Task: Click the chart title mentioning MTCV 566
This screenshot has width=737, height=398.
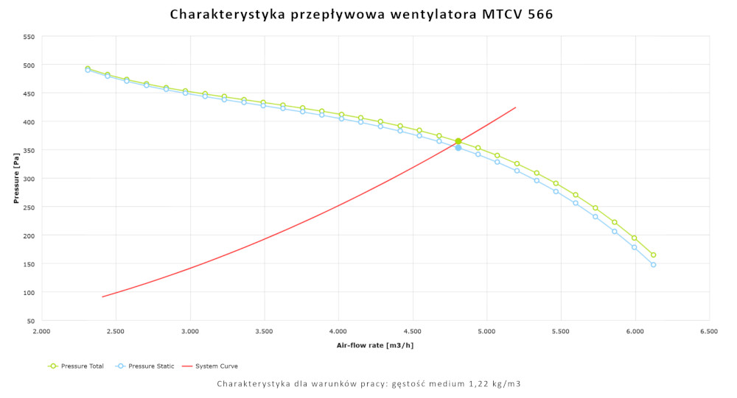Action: click(x=361, y=14)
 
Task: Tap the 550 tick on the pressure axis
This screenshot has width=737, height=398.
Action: click(x=28, y=36)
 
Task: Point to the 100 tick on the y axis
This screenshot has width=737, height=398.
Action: click(x=28, y=292)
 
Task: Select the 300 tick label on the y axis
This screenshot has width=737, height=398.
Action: click(x=28, y=178)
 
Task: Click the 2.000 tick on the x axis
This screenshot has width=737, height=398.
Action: click(x=42, y=332)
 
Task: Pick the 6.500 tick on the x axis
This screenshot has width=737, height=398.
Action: click(x=709, y=332)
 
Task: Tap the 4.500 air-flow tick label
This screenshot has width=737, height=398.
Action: click(x=413, y=332)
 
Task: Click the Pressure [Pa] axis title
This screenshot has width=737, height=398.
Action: click(x=15, y=179)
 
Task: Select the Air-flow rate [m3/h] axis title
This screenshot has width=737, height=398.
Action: click(x=376, y=345)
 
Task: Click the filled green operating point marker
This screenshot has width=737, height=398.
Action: click(x=458, y=141)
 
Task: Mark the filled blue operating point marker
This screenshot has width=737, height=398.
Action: click(x=458, y=148)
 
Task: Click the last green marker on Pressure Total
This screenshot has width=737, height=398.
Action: click(x=653, y=255)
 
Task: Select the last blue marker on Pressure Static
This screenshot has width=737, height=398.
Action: click(x=653, y=265)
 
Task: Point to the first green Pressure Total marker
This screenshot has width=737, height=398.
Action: click(x=88, y=68)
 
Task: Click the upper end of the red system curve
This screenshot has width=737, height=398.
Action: click(x=515, y=107)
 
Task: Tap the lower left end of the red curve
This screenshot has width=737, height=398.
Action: click(x=102, y=296)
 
